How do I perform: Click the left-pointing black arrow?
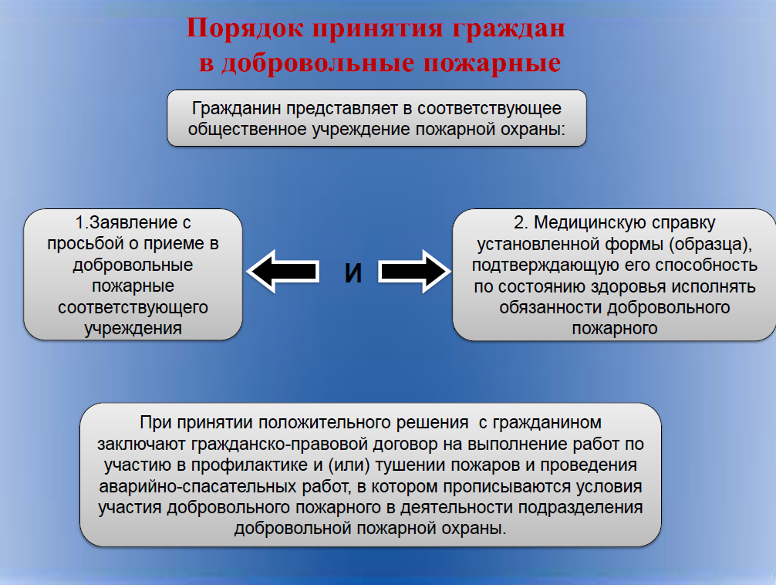click(283, 272)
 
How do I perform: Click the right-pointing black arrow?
click(415, 272)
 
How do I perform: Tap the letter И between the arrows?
click(353, 273)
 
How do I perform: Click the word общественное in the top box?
click(248, 130)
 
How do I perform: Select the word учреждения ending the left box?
click(133, 328)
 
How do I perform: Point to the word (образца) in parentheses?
click(710, 244)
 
